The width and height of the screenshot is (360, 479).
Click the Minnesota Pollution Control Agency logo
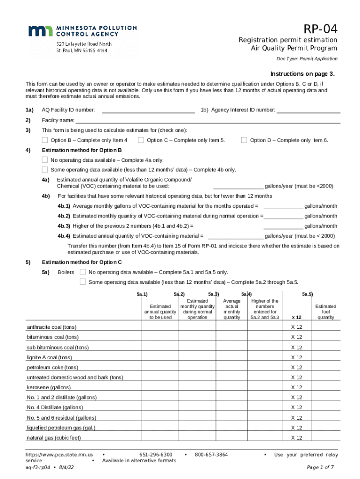pyautogui.click(x=82, y=31)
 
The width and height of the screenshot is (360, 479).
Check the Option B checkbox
pyautogui.click(x=45, y=140)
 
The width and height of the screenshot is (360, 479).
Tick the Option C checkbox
pyautogui.click(x=141, y=140)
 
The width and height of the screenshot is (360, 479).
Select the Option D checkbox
pyautogui.click(x=244, y=140)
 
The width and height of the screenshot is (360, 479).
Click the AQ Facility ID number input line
pyautogui.click(x=148, y=111)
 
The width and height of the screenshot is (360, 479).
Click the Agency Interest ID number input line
pyautogui.click(x=309, y=111)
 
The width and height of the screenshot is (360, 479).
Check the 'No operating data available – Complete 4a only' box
pyautogui.click(x=45, y=160)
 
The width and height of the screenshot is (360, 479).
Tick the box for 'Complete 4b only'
pyautogui.click(x=45, y=170)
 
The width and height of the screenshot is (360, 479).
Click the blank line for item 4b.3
pyautogui.click(x=283, y=226)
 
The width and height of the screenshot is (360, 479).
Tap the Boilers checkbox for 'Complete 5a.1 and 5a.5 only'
pyautogui.click(x=83, y=272)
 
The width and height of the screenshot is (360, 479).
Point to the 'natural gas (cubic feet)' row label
pyautogui.click(x=54, y=438)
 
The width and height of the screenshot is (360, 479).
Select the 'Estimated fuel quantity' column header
pyautogui.click(x=326, y=312)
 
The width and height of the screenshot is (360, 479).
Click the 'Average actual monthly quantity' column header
pyautogui.click(x=232, y=309)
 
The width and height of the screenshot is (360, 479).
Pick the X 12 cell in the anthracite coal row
pyautogui.click(x=296, y=327)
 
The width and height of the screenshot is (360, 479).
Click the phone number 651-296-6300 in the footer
pyautogui.click(x=156, y=455)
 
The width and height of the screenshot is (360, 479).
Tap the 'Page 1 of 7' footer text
pyautogui.click(x=320, y=467)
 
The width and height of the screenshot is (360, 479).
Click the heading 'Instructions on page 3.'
pyautogui.click(x=302, y=74)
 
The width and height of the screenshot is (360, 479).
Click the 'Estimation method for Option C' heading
pyautogui.click(x=82, y=262)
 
